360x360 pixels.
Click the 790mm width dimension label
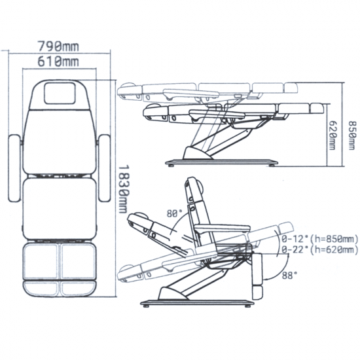(58, 46)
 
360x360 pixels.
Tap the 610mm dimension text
(58, 62)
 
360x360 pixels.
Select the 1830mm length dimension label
(123, 189)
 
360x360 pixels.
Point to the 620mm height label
(333, 135)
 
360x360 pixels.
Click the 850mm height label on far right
(352, 135)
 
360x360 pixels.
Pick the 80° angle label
(175, 214)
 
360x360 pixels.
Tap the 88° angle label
(289, 276)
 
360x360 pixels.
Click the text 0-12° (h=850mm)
(320, 239)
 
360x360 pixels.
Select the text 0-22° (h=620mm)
(320, 250)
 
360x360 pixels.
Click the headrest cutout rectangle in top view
(60, 94)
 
